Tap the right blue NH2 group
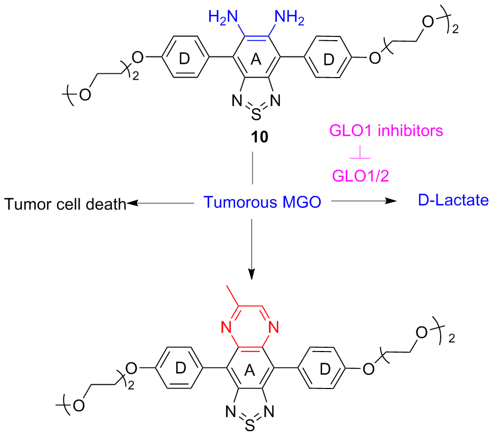tap(290, 17)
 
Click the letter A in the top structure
tap(256, 61)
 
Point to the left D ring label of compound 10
tap(183, 60)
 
